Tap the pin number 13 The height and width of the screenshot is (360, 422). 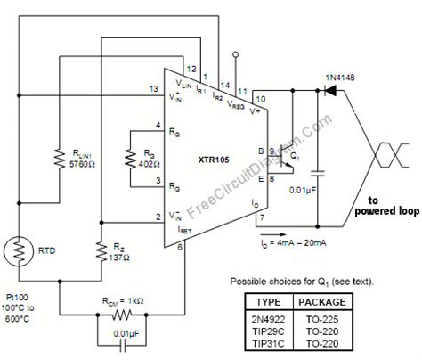[x=155, y=89]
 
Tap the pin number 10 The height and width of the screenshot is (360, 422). [x=259, y=98]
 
